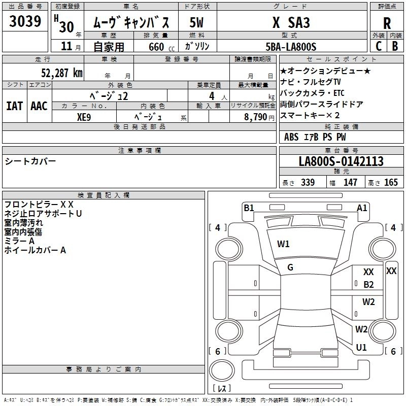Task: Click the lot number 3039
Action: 25,22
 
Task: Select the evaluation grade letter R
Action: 387,23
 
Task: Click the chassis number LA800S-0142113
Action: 341,161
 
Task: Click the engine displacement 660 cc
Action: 152,47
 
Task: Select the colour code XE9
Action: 84,116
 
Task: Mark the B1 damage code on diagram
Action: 249,208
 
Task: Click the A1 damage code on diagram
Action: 362,208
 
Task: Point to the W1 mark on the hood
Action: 283,244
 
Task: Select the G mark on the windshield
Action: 290,267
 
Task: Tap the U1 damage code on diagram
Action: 361,348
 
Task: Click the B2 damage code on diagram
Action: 368,285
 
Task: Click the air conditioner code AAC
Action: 39,106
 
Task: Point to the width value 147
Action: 350,183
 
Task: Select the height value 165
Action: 391,183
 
